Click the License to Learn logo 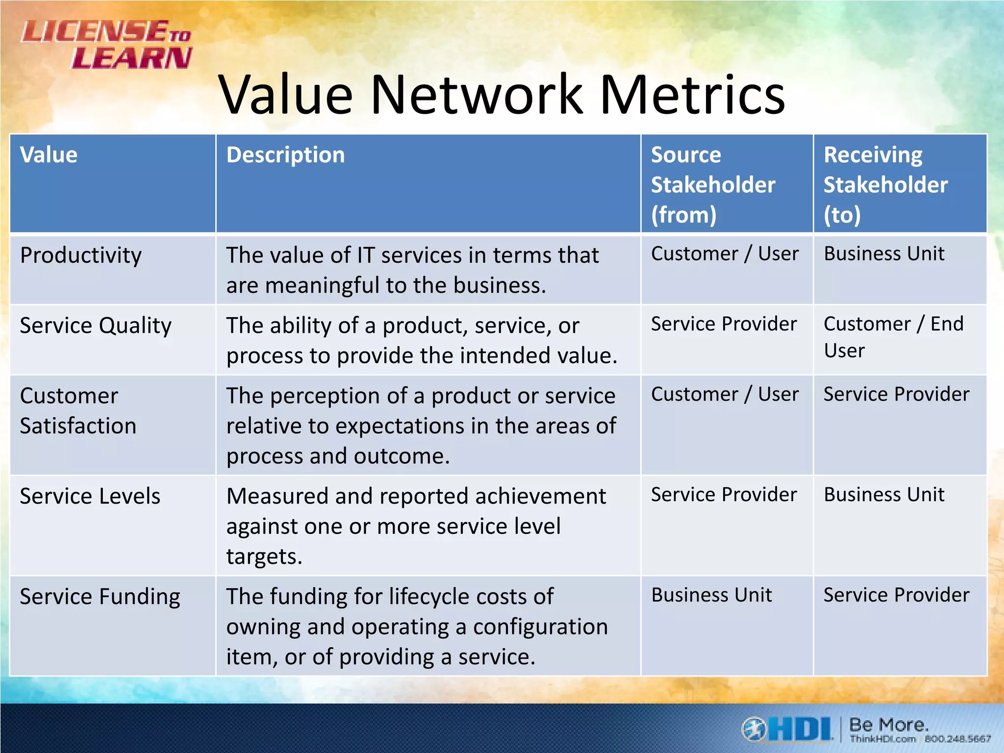(x=106, y=44)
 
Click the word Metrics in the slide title (x=692, y=95)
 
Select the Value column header (x=49, y=155)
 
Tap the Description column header (x=285, y=155)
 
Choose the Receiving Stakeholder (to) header (x=885, y=185)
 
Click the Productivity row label (x=81, y=255)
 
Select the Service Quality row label (x=96, y=326)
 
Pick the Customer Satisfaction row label (x=78, y=411)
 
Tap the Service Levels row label (x=90, y=496)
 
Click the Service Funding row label (x=100, y=597)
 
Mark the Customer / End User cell (x=893, y=337)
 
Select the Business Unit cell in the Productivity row (x=884, y=254)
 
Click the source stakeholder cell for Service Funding (x=711, y=595)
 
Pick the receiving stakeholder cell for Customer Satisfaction (x=896, y=395)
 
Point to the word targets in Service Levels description (x=264, y=557)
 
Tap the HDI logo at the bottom (x=787, y=729)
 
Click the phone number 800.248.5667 (x=957, y=739)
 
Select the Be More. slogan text (x=888, y=725)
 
